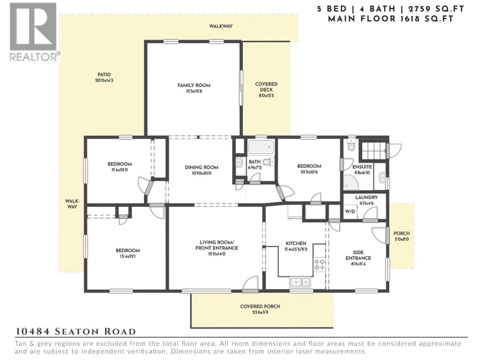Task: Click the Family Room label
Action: tap(194, 85)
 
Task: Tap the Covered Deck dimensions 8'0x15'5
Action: tap(266, 96)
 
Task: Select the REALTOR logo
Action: tap(35, 32)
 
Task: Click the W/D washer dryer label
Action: tap(350, 211)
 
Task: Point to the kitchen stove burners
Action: tap(319, 265)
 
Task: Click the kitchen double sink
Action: tap(300, 282)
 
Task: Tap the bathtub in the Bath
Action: tap(261, 147)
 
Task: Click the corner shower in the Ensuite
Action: tap(351, 182)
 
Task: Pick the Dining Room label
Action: tap(201, 167)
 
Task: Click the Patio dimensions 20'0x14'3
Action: tap(104, 80)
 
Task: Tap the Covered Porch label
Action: tap(260, 306)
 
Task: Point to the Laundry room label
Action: tap(366, 197)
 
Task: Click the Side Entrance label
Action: tap(358, 255)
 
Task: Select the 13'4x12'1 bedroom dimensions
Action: tap(128, 256)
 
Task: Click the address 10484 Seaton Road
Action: tap(76, 332)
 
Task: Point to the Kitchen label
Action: tap(296, 243)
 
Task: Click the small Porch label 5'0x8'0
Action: tap(402, 236)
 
